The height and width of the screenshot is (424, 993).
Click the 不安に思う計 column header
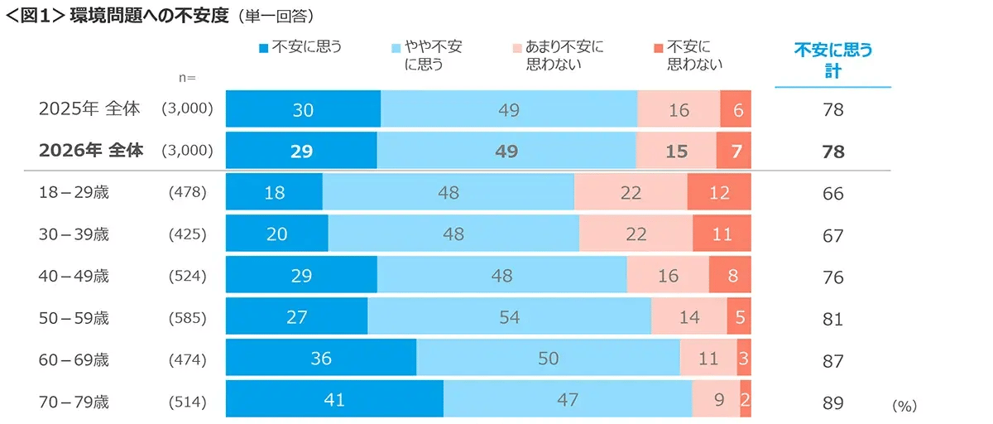click(x=832, y=60)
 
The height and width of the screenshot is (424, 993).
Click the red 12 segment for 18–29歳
click(x=719, y=193)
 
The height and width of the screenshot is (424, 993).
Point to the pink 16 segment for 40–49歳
click(x=668, y=276)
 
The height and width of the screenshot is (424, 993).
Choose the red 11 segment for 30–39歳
click(x=722, y=234)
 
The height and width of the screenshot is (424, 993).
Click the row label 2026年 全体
click(x=91, y=151)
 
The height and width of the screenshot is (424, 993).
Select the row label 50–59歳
click(x=74, y=318)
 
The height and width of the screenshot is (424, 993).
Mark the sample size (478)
click(x=186, y=193)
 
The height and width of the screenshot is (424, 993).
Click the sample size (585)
click(x=186, y=318)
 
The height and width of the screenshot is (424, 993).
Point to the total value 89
click(x=832, y=402)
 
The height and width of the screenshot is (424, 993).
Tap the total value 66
click(x=832, y=194)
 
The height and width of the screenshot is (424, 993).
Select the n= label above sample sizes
click(x=187, y=77)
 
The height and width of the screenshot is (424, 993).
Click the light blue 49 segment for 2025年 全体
click(x=509, y=109)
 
